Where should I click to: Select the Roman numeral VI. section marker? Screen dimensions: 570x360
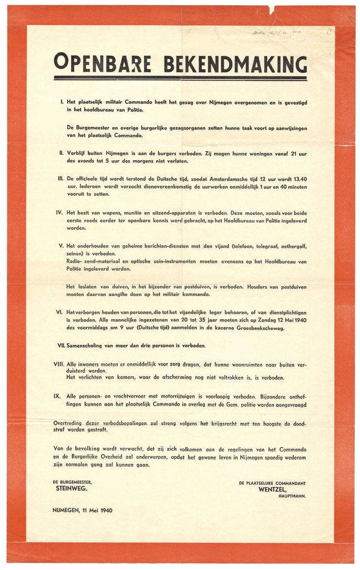59,313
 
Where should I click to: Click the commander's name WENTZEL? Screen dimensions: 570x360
275,488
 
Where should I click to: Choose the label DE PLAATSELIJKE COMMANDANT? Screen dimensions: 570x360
272,482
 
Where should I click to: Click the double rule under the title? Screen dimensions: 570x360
180,78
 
